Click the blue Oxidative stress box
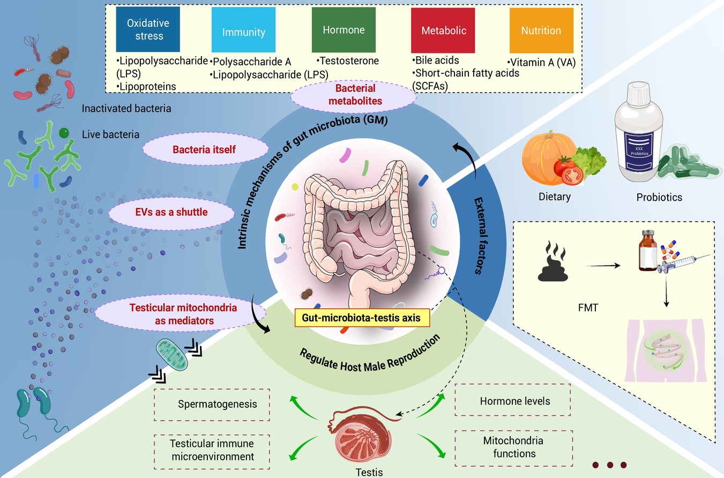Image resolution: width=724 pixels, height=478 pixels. pos(148,29)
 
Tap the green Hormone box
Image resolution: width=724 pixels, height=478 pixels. pos(344,30)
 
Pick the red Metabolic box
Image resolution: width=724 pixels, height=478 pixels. pos(444,30)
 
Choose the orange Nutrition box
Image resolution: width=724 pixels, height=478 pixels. pos(541,30)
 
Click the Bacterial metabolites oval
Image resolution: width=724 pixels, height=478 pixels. pos(355,94)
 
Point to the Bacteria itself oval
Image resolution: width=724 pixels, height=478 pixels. pos(204,149)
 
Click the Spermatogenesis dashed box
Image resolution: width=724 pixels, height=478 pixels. pos(217,404)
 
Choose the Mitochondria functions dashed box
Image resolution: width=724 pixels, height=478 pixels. pos(513,447)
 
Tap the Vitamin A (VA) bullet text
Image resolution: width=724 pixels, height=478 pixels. pos(541,62)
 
